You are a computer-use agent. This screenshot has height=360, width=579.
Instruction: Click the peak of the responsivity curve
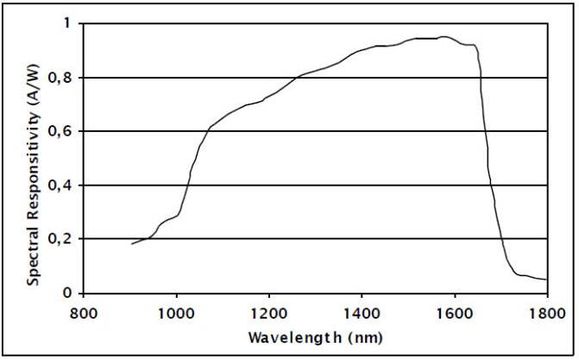(444, 37)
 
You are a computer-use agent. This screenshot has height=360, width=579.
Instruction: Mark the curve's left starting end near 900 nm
(132, 244)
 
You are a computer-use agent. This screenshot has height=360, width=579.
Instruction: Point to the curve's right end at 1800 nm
(546, 280)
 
